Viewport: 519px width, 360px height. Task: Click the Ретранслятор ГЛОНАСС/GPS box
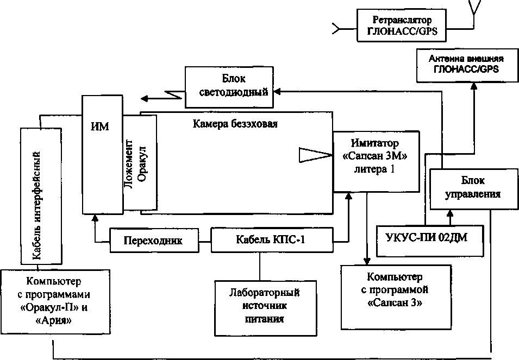tap(402, 26)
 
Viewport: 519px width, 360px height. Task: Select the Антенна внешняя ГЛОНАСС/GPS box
tap(467, 65)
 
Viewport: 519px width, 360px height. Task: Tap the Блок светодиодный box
tap(229, 87)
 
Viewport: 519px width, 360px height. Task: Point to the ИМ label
tap(99, 127)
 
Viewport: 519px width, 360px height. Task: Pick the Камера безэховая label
tap(235, 124)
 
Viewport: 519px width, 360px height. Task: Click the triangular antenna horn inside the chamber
tap(316, 155)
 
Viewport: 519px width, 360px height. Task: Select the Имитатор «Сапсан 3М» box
tap(376, 161)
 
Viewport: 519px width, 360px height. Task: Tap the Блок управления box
tap(474, 189)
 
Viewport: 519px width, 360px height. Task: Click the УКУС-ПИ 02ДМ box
tap(430, 241)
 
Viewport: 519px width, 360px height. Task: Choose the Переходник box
tap(154, 240)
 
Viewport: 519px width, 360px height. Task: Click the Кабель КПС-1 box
tap(272, 239)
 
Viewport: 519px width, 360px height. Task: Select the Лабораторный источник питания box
tap(265, 308)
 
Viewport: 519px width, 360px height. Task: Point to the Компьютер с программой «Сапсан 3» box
tap(396, 297)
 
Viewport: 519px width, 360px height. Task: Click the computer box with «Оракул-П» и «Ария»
tap(55, 301)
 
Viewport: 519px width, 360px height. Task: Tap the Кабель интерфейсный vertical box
tap(41, 196)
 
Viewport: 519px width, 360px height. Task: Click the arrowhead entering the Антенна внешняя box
tap(474, 86)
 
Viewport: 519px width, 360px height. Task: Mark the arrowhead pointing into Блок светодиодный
tap(277, 92)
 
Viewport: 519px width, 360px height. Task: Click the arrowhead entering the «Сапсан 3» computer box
tap(366, 261)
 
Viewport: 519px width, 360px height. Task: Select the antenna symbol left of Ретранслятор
tap(336, 29)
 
